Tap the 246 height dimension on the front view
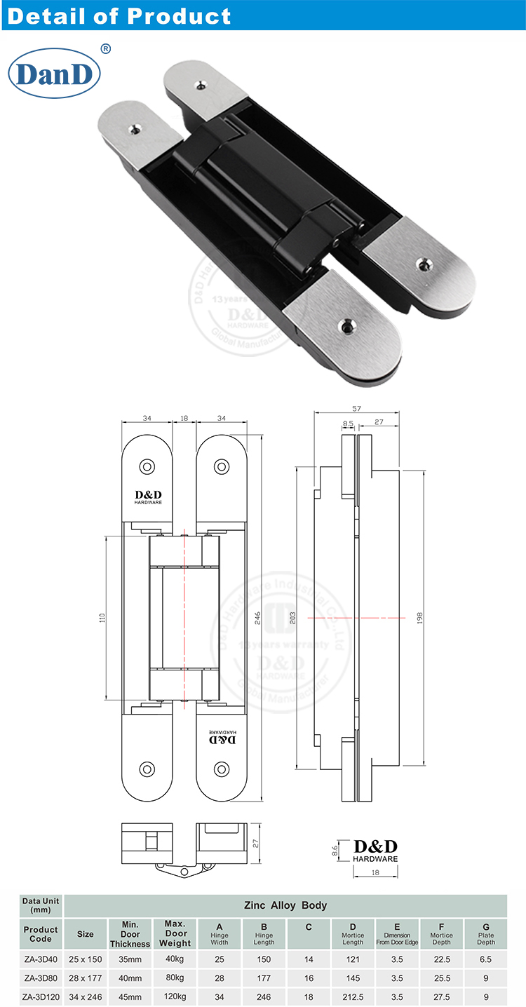[257, 617]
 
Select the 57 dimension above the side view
[356, 407]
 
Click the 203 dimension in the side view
[292, 618]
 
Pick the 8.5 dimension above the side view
[348, 423]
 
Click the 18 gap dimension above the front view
[184, 418]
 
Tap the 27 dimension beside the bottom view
[256, 844]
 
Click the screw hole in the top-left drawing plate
[147, 466]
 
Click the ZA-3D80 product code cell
[41, 977]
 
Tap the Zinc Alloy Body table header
[285, 905]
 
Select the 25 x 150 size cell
[85, 958]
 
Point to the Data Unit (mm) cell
[41, 905]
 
